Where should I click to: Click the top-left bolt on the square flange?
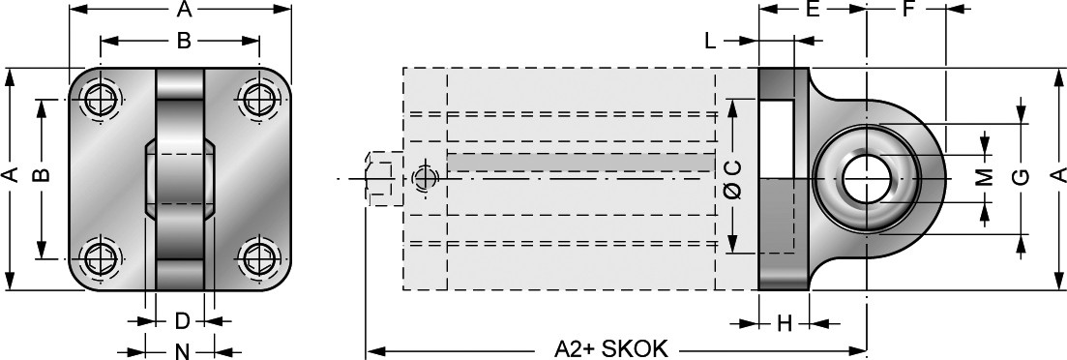point(102,101)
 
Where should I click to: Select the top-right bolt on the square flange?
point(259,101)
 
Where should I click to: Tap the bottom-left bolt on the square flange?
point(102,258)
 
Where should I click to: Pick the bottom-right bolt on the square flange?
point(259,258)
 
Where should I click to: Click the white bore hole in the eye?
point(866,179)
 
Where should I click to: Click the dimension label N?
point(182,351)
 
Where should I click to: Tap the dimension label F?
point(907,9)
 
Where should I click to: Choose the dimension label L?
point(710,42)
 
